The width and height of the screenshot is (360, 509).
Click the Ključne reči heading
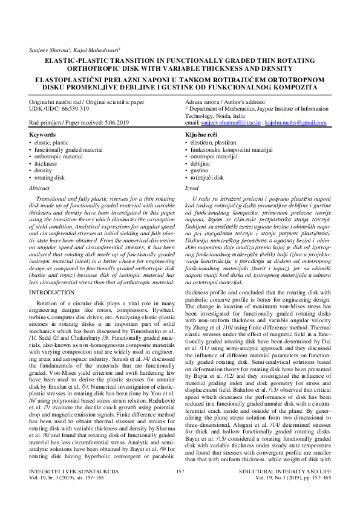point(202,134)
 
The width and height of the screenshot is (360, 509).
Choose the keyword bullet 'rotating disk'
point(51,178)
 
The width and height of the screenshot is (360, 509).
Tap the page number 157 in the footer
point(180,488)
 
